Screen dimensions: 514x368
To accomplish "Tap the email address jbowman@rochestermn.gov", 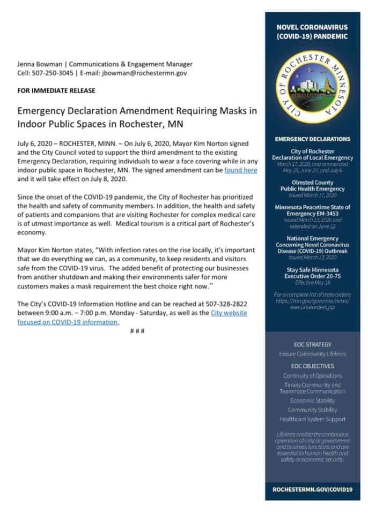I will (144, 73).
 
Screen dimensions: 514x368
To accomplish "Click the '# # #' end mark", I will (137, 331).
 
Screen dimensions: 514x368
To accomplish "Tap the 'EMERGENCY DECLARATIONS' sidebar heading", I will (312, 139).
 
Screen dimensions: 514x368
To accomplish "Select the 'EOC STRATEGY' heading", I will (312, 345).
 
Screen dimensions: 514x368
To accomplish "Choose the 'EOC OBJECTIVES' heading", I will (312, 366).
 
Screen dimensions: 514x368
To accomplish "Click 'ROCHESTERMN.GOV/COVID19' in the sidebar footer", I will (312, 490).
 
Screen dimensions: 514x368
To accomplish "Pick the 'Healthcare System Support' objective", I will (312, 419).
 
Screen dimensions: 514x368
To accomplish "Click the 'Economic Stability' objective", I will (312, 400).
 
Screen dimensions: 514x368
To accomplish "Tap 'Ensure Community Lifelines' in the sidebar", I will (312, 354).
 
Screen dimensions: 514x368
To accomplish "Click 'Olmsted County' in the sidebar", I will (312, 182).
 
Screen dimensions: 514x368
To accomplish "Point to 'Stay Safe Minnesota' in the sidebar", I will (312, 270).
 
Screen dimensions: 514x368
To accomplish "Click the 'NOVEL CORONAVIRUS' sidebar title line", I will (312, 27).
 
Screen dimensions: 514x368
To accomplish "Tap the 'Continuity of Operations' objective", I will (312, 376).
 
